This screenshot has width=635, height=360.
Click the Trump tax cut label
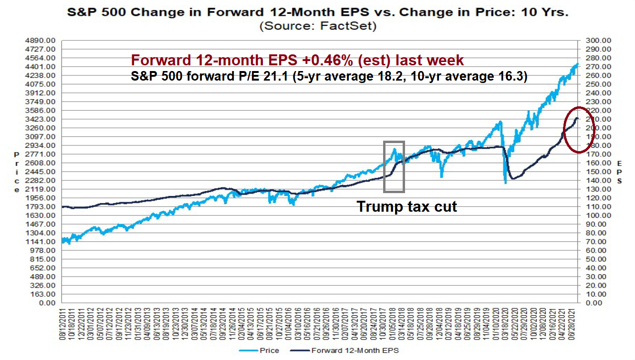click(407, 206)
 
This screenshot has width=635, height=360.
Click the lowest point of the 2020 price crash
click(505, 183)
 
